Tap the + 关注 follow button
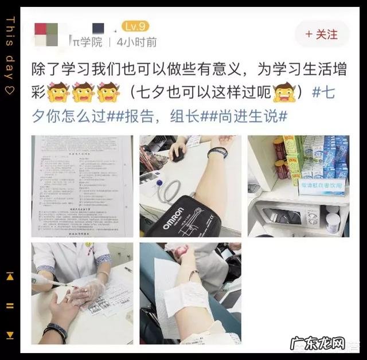click(x=322, y=34)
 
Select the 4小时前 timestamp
click(x=136, y=42)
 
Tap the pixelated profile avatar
click(x=47, y=34)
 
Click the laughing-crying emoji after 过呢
click(x=283, y=92)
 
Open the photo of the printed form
click(x=81, y=186)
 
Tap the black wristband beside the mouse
click(x=218, y=152)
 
